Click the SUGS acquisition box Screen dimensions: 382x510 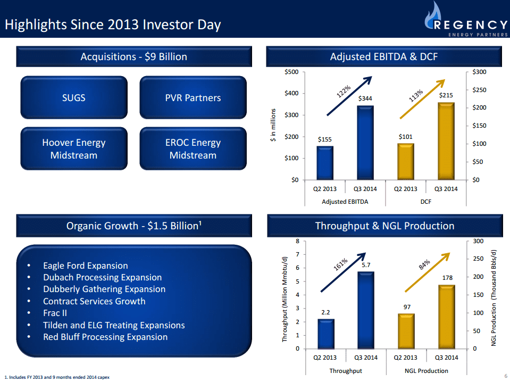pyautogui.click(x=74, y=97)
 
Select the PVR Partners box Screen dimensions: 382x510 pyautogui.click(x=193, y=97)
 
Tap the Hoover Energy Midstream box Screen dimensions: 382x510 pyautogui.click(x=74, y=149)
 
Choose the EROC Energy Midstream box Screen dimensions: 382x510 pyautogui.click(x=193, y=149)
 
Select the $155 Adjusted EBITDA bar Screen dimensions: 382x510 pyautogui.click(x=325, y=163)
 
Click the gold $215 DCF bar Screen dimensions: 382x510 pyautogui.click(x=446, y=141)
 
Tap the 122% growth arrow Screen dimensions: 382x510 pyautogui.click(x=348, y=96)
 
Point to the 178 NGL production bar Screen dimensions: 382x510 pyautogui.click(x=446, y=317)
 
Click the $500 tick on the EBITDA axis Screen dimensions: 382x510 pyautogui.click(x=291, y=72)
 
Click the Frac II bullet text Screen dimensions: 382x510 pyautogui.click(x=55, y=313)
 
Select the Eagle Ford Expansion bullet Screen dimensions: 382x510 pyautogui.click(x=85, y=265)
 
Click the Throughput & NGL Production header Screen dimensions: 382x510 pyautogui.click(x=384, y=226)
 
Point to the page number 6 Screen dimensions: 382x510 pyautogui.click(x=505, y=376)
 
